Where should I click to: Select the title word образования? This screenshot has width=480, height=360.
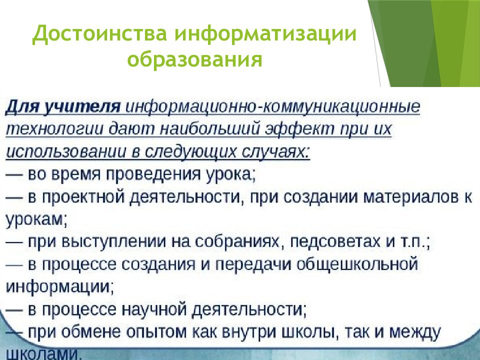195,60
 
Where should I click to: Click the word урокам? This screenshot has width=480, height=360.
34,218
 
